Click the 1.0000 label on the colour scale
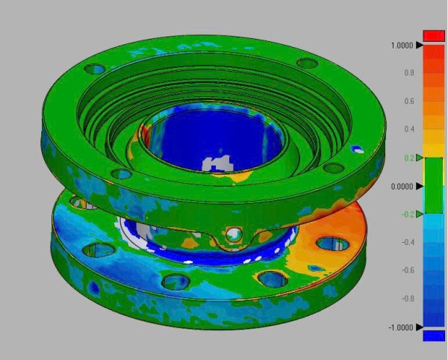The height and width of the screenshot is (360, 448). (402, 46)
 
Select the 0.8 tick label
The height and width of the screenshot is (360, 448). (409, 73)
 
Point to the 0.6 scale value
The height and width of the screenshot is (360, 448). (409, 101)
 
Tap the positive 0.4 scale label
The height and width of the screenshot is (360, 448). (409, 129)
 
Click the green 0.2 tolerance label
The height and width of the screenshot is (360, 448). (409, 158)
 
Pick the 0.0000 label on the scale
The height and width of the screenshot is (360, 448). (402, 187)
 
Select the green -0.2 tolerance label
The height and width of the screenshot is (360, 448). (408, 214)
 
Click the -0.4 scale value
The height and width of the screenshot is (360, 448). (408, 242)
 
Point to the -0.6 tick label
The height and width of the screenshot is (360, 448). (408, 270)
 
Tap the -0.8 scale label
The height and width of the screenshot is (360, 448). (408, 299)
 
